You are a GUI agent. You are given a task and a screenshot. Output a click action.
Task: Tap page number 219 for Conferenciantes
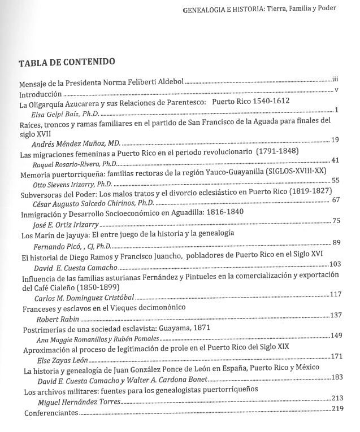coord(338,408)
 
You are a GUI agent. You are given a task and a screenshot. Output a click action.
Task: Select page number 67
coord(335,199)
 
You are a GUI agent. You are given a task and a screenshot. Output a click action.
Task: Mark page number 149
coord(336,335)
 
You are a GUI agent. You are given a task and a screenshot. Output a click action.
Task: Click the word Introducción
coord(40,94)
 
